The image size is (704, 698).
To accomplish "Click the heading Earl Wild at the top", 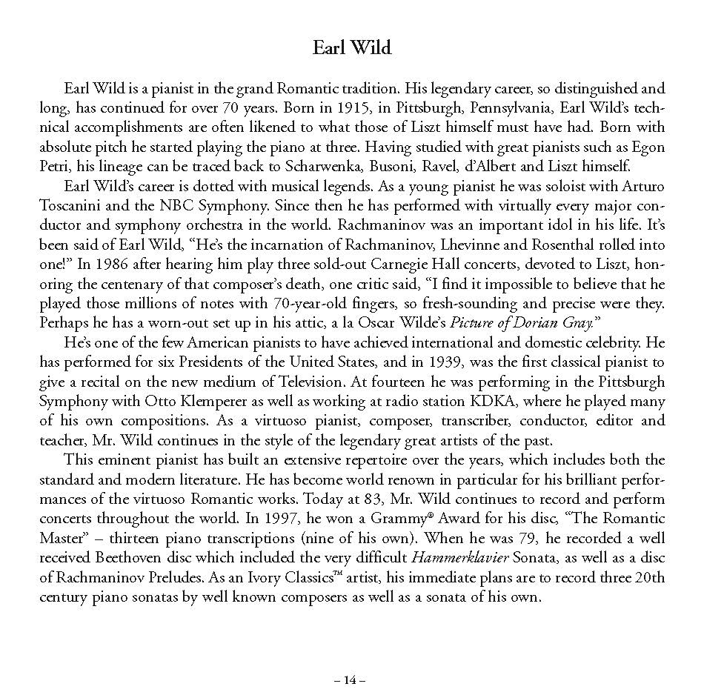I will coord(351,49).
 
